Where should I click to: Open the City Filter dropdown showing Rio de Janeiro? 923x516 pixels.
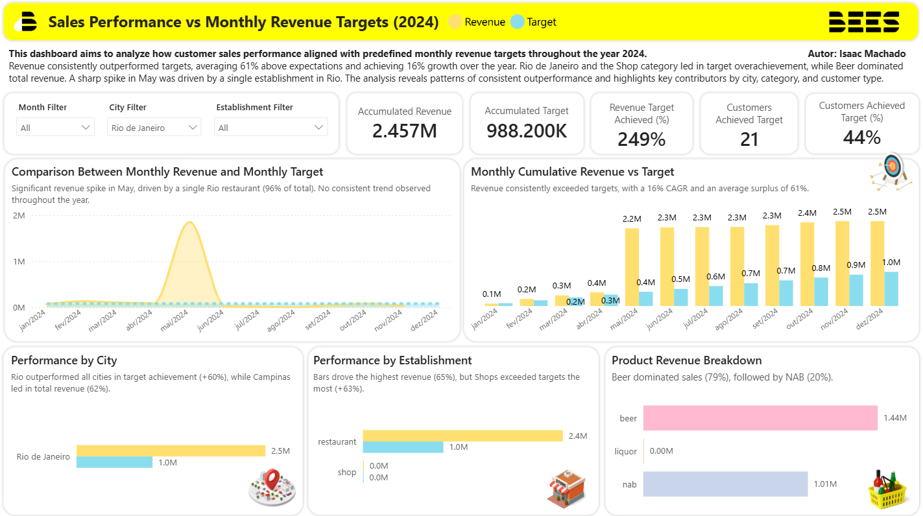tap(154, 128)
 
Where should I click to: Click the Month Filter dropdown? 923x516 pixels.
tap(55, 128)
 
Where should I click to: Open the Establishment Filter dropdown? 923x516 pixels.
tap(270, 128)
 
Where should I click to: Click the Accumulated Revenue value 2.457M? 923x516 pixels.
tap(405, 131)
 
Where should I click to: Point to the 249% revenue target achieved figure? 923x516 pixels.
tap(641, 139)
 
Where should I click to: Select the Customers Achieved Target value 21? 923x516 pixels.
tap(749, 139)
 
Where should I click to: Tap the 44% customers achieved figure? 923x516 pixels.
tap(862, 137)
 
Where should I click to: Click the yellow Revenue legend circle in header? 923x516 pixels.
tap(455, 22)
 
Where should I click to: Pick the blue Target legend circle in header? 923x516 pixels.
tap(517, 22)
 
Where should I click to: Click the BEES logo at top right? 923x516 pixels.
tap(864, 22)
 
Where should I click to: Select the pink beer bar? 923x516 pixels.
tap(760, 418)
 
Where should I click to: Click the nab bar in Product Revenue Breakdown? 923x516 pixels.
tap(725, 484)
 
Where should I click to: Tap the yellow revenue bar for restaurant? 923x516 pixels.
tap(462, 436)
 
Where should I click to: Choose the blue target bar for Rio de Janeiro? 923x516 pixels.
tap(114, 462)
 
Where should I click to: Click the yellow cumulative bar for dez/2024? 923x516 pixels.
tap(877, 263)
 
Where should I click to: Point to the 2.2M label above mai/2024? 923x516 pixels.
tap(631, 219)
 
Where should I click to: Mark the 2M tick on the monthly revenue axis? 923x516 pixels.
tap(19, 216)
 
